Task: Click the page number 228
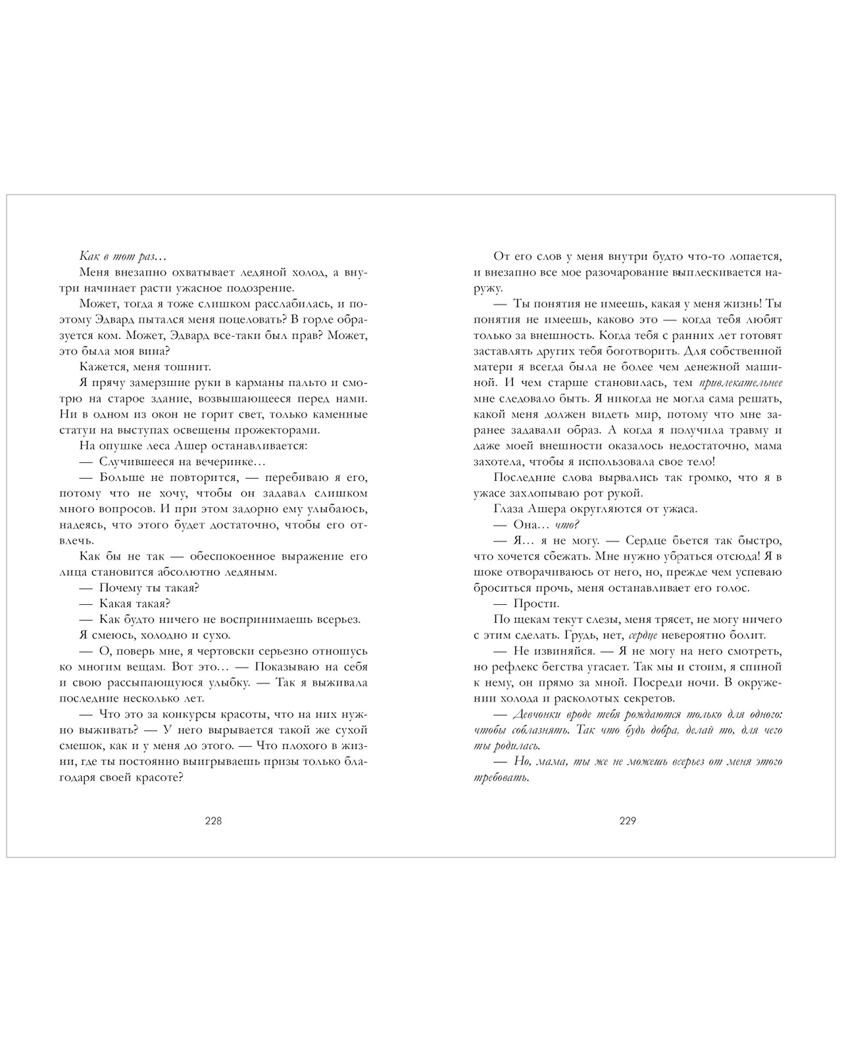[214, 821]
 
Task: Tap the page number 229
[628, 821]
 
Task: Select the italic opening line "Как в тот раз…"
[119, 256]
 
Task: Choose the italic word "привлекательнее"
[740, 383]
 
